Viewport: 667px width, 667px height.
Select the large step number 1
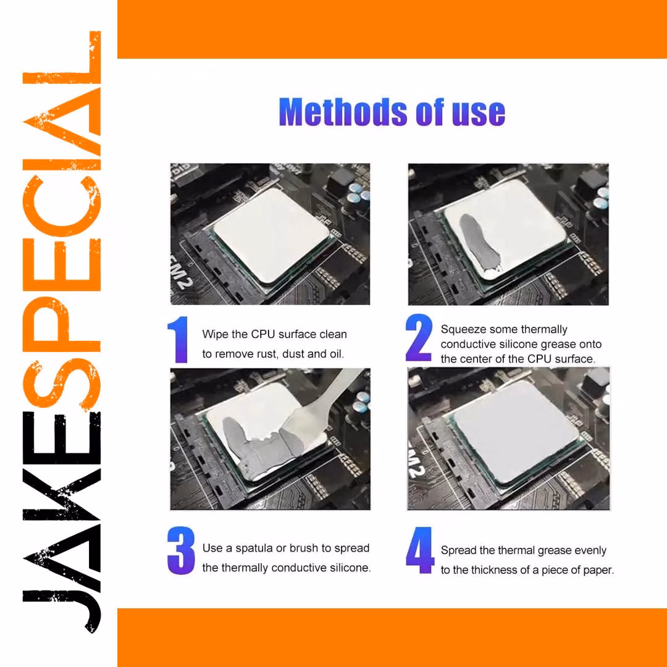click(x=179, y=340)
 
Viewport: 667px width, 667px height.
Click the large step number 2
click(x=419, y=338)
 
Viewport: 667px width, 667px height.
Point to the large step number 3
click(x=181, y=550)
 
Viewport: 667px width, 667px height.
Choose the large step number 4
click(x=420, y=550)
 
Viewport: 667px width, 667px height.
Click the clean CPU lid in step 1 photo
click(x=271, y=235)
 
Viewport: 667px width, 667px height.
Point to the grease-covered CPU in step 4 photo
click(x=516, y=431)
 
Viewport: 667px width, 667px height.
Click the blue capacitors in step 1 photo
click(x=359, y=191)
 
